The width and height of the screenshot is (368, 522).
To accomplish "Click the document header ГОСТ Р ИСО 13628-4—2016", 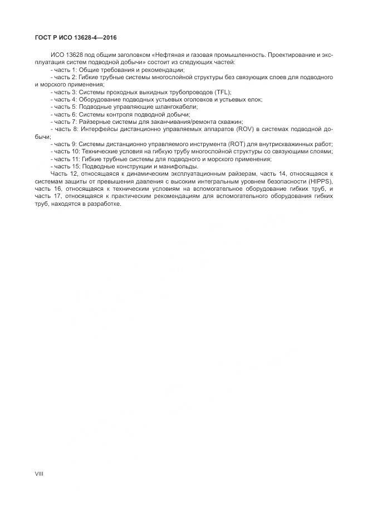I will [72, 38].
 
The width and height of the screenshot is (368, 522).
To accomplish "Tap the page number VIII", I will [39, 473].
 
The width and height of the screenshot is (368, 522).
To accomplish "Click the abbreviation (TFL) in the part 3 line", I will [222, 92].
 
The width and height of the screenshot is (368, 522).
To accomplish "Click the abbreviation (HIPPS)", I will [320, 181].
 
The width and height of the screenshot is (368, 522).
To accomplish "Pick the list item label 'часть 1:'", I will [66, 70].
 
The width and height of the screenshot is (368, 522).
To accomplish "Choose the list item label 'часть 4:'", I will [66, 99].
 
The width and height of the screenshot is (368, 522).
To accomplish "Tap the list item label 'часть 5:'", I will [66, 107].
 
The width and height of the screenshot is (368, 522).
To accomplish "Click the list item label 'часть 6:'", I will [66, 114].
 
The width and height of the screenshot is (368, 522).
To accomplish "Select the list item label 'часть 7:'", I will [66, 122].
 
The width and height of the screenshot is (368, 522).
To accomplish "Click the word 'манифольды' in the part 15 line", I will [176, 166].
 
